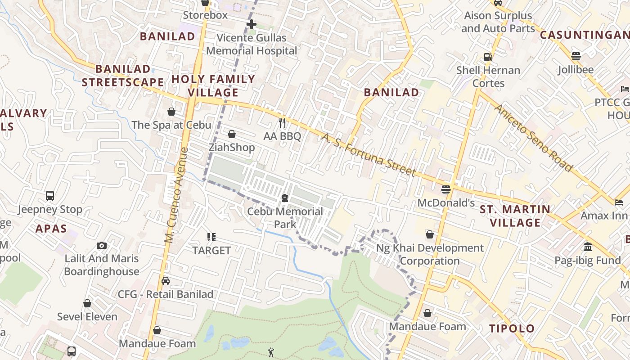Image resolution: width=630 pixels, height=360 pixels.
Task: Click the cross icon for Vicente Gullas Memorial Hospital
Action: [x=252, y=24]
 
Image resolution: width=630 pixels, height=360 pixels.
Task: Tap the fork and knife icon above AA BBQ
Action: [x=282, y=122]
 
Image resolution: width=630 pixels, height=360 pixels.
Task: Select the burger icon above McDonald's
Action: [x=446, y=189]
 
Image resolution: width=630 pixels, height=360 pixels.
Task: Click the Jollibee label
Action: [x=576, y=70]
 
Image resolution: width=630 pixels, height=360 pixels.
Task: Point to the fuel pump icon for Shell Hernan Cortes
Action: [x=488, y=57]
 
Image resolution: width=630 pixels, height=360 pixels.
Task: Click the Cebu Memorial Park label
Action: [x=285, y=218]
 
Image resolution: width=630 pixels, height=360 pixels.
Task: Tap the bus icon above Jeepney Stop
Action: [x=50, y=196]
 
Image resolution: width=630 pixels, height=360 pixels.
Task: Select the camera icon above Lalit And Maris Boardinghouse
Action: [x=102, y=245]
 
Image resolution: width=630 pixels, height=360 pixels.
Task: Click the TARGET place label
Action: [x=211, y=250]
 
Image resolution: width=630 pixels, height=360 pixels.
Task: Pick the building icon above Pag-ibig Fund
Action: [x=588, y=247]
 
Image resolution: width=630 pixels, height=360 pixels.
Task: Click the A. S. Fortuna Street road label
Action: [x=369, y=155]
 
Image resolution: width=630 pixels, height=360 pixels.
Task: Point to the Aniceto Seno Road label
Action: [x=533, y=138]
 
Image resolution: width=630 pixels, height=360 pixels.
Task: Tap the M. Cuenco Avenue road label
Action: [x=176, y=195]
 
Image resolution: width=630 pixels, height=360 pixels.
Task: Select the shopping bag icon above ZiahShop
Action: [x=232, y=134]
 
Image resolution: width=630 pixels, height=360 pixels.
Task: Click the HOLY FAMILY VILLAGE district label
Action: [x=213, y=86]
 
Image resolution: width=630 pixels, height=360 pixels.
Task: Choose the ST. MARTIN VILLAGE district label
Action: [x=515, y=216]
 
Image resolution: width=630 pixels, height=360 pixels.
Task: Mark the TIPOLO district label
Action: [x=512, y=328]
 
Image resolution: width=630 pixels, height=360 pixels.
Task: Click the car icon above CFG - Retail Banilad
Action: [x=166, y=281]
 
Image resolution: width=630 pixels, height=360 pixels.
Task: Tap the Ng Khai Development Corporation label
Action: [x=430, y=254]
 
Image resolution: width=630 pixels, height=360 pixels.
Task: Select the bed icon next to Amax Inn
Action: [x=619, y=202]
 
